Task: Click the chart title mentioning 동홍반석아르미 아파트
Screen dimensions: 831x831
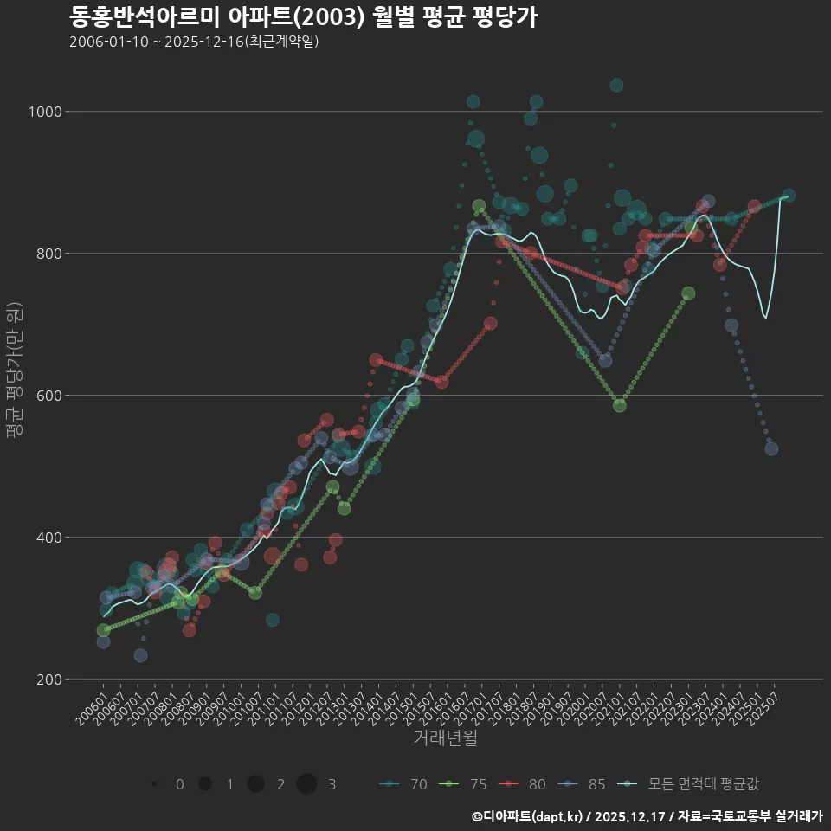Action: point(303,16)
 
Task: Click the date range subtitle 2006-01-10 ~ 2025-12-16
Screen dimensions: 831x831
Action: point(194,42)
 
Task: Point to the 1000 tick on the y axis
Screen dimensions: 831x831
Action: point(45,112)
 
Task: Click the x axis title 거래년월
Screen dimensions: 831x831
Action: point(445,738)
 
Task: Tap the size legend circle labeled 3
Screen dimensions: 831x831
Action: point(306,784)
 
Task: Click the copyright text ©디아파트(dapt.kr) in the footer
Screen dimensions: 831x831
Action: point(526,815)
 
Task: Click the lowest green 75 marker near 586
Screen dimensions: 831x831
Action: point(620,405)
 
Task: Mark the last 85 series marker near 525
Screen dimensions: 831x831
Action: point(771,448)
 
